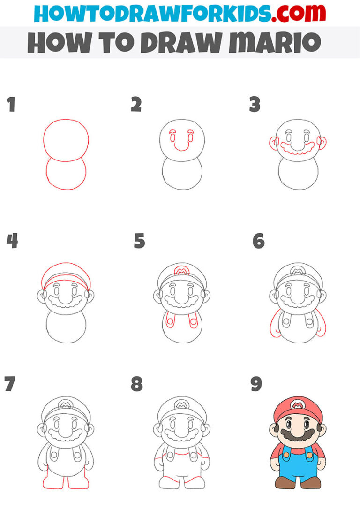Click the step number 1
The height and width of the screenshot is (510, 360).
pyautogui.click(x=11, y=105)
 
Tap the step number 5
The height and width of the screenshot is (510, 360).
pyautogui.click(x=139, y=241)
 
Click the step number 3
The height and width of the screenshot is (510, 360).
pyautogui.click(x=255, y=105)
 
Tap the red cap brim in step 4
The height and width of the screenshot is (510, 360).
pyautogui.click(x=66, y=283)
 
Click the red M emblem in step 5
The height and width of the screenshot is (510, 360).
pyautogui.click(x=181, y=271)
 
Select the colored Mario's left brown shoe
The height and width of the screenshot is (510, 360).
pyautogui.click(x=284, y=481)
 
